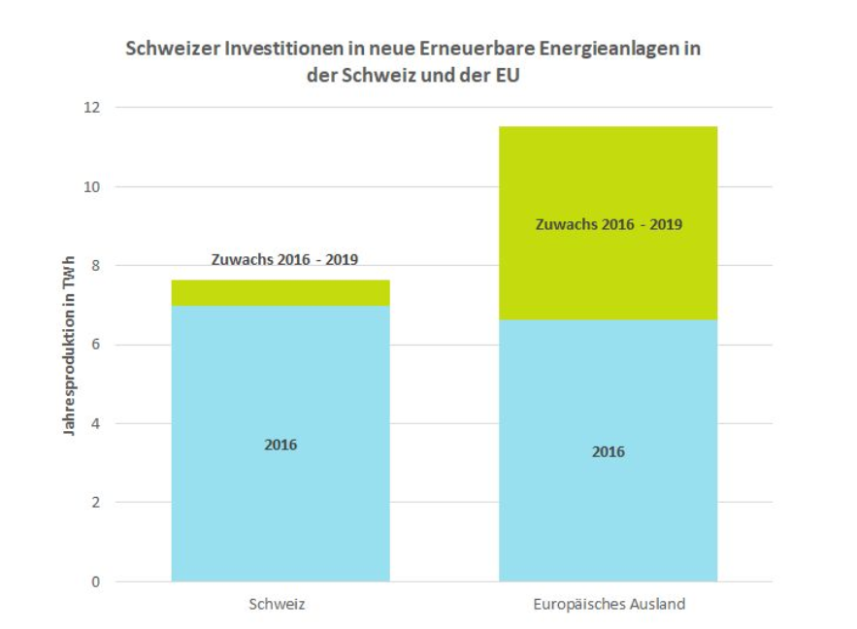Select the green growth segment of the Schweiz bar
coord(280,293)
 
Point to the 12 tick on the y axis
coord(92,107)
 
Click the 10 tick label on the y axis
coord(92,186)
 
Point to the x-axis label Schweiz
coord(278,604)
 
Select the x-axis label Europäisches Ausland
coord(609,604)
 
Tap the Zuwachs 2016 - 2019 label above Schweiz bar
coord(284,260)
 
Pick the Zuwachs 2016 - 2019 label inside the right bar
coord(609,224)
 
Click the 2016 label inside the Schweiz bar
coord(280,445)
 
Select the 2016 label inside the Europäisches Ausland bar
coord(609,451)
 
